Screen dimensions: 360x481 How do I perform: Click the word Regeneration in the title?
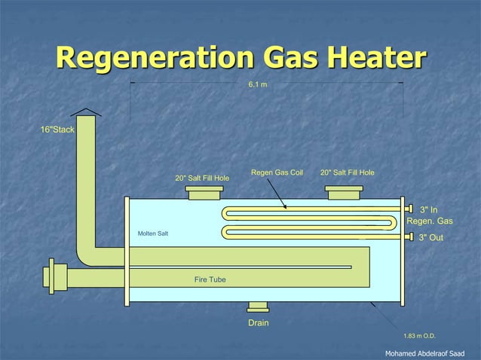151,59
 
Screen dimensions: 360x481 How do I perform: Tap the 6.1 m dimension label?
257,84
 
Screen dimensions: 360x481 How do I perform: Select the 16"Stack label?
57,130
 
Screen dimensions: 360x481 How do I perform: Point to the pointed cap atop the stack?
87,112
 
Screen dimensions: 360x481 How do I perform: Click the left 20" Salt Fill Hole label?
202,178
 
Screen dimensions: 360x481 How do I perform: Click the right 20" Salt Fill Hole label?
347,173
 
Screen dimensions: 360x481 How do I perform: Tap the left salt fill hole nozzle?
204,193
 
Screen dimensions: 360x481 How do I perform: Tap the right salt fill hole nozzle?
345,193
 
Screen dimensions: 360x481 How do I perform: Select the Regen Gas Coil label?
277,173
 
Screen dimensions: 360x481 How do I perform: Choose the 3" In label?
428,209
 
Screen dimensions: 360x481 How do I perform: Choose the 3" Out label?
430,238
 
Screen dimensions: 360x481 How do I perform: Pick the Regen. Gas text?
430,221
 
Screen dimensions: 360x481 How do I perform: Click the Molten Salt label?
153,233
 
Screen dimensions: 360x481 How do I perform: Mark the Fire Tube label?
210,280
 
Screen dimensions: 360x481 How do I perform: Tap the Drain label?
259,323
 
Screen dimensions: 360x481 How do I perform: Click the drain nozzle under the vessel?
258,307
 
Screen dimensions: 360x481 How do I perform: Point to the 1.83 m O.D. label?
420,336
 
